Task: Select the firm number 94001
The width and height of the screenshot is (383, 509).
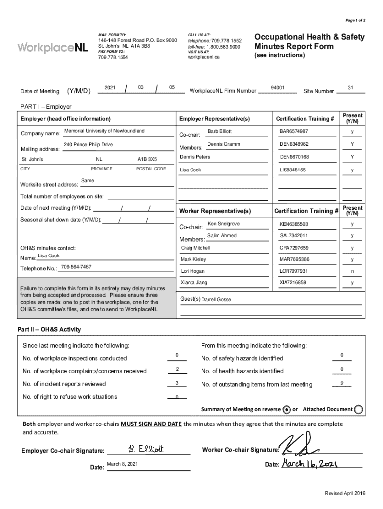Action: tap(277, 88)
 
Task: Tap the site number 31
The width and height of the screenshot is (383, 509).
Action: tap(350, 88)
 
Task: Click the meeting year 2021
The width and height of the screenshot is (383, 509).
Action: tap(110, 88)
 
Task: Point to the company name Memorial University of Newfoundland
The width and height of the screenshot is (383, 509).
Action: tap(104, 131)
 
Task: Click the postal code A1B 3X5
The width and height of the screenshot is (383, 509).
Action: tap(147, 159)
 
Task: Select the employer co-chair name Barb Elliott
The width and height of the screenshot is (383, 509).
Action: tap(219, 131)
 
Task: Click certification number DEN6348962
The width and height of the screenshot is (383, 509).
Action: tap(294, 144)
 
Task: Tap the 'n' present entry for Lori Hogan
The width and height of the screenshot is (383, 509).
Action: tap(352, 271)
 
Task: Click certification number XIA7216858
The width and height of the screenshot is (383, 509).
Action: tap(293, 283)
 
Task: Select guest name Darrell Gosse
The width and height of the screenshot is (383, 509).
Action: tap(216, 300)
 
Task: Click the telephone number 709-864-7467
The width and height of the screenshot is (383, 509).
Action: tap(76, 267)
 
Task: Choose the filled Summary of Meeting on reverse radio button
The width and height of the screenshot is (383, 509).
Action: tap(287, 410)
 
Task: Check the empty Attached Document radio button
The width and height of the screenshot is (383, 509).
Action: tap(358, 410)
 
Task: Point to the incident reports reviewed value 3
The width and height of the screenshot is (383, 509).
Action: tap(177, 383)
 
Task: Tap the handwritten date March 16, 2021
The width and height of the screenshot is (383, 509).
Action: tap(310, 464)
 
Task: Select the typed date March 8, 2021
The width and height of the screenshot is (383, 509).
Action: tap(122, 464)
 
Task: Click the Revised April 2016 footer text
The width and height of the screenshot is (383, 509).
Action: tap(345, 493)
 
